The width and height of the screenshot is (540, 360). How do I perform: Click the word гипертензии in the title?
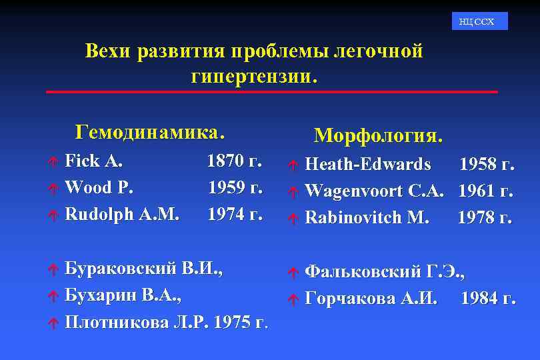[x=250, y=76]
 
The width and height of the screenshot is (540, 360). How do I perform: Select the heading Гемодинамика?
[x=149, y=131]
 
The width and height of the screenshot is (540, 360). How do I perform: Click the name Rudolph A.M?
[x=122, y=214]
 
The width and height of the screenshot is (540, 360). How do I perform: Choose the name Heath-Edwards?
[x=368, y=164]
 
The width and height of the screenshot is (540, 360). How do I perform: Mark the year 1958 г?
[x=487, y=164]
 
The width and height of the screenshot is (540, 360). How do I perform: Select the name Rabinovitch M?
[x=367, y=217]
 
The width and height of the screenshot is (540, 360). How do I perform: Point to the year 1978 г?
[x=485, y=217]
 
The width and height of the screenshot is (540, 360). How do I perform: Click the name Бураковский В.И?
[x=143, y=269]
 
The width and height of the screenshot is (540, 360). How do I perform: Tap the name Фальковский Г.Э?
[x=385, y=271]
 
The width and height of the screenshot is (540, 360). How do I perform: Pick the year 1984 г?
[x=488, y=298]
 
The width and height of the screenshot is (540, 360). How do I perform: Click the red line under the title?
[x=272, y=91]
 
